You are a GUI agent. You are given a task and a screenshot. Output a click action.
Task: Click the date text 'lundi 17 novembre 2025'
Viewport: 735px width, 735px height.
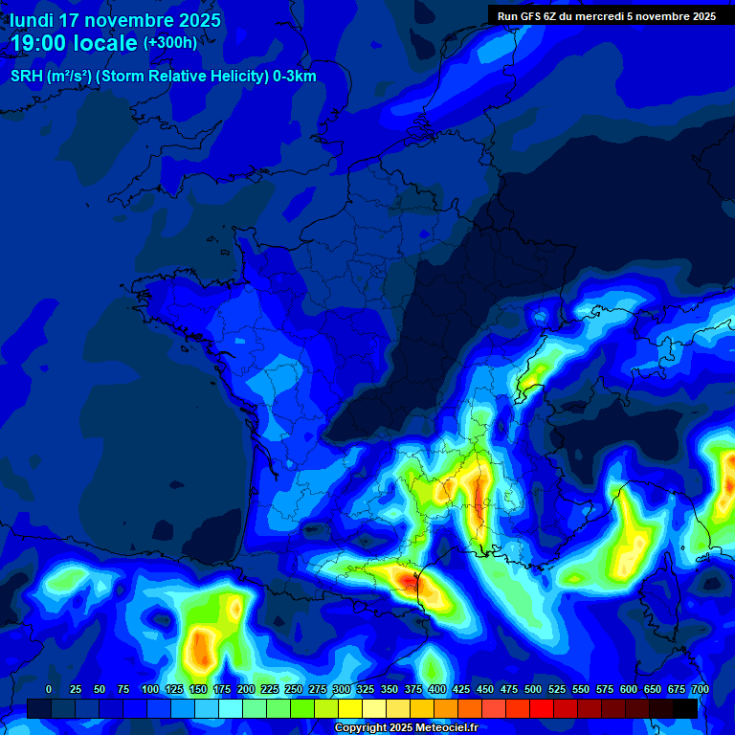point(115,20)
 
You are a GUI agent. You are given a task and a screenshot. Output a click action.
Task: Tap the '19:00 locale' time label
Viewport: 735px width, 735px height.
point(75,44)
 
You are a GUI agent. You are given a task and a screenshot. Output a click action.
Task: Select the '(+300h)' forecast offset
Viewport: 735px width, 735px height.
point(170,43)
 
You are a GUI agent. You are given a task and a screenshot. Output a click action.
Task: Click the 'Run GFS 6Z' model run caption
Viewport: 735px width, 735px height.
point(536,16)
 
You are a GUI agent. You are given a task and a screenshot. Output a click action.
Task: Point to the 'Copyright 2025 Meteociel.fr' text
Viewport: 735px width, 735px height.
point(406,728)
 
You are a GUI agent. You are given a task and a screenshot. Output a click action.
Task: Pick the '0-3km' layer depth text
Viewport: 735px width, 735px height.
point(295,77)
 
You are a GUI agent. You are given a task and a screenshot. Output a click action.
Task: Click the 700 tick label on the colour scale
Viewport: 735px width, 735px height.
point(700,689)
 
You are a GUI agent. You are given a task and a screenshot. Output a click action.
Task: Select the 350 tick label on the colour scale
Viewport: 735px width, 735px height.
point(390,689)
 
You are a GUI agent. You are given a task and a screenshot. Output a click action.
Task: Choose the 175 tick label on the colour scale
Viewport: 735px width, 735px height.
point(222,689)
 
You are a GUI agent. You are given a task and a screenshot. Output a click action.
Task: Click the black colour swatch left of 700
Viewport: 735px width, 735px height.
point(685,708)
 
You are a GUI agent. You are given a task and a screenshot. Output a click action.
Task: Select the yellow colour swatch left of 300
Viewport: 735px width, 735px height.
point(326,708)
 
